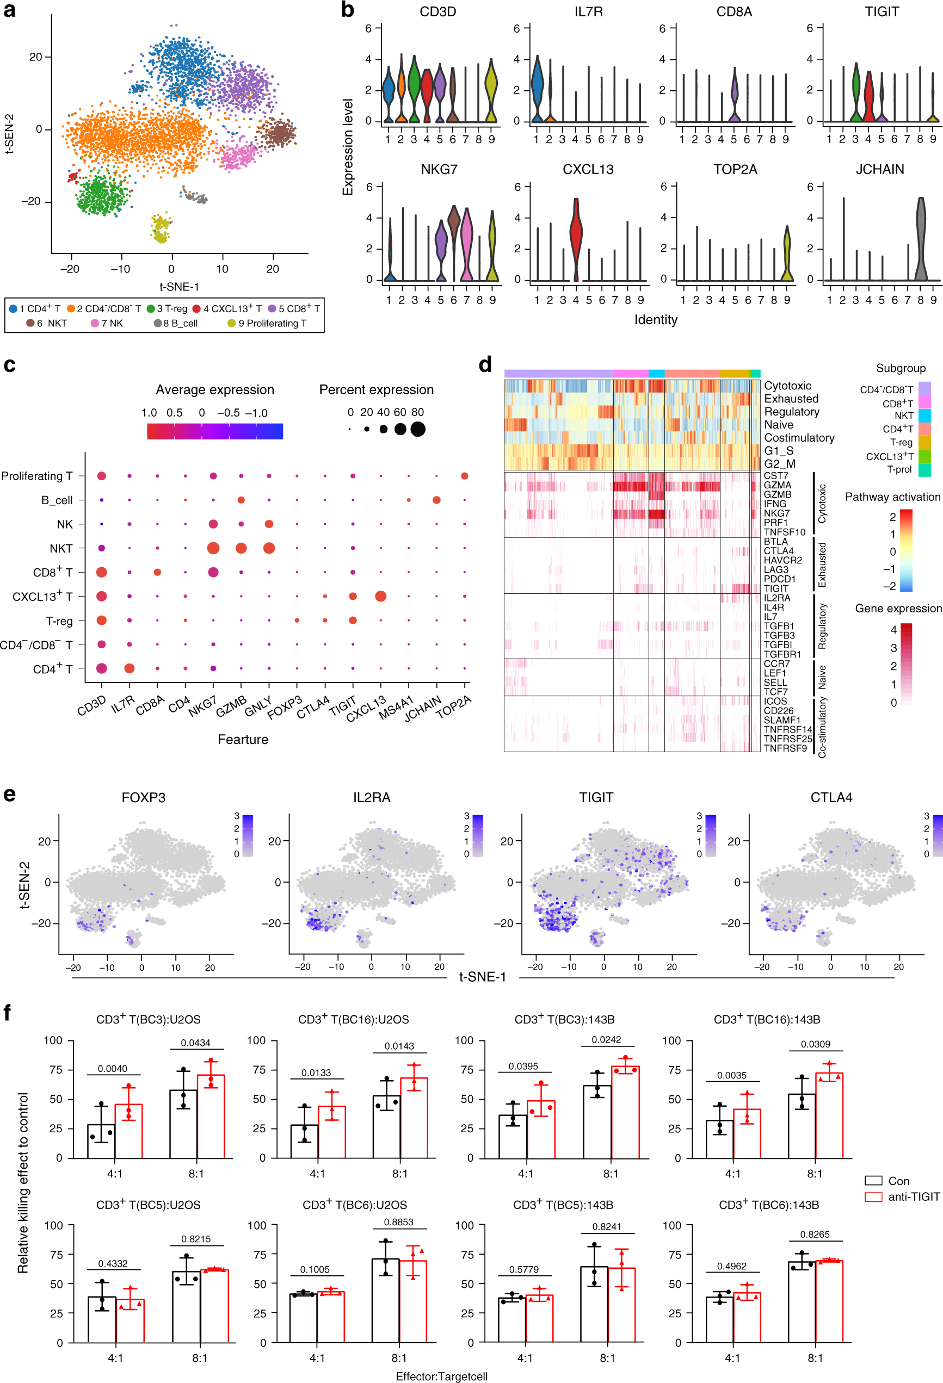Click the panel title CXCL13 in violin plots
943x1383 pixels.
[x=588, y=170]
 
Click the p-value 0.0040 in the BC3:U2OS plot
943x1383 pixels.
[x=113, y=1068]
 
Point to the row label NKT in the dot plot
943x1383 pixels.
[x=61, y=548]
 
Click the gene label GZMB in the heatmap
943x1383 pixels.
[x=777, y=494]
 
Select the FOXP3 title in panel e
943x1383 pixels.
[x=144, y=797]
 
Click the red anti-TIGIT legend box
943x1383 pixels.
[x=873, y=1196]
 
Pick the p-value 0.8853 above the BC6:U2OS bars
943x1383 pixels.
[x=398, y=1221]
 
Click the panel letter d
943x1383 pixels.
[x=485, y=364]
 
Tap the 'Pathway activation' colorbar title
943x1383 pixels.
[x=892, y=497]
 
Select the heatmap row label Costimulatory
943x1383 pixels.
[x=799, y=437]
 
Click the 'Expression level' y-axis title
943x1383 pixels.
[x=348, y=146]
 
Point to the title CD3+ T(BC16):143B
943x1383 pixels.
[x=766, y=1019]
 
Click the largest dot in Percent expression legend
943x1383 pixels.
[x=418, y=429]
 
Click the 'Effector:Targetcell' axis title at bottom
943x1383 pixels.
[x=441, y=1376]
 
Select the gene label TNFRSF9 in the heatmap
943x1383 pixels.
[x=785, y=748]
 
